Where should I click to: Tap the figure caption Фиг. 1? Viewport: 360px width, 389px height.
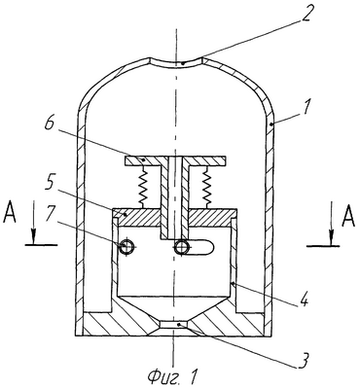[172, 377]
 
